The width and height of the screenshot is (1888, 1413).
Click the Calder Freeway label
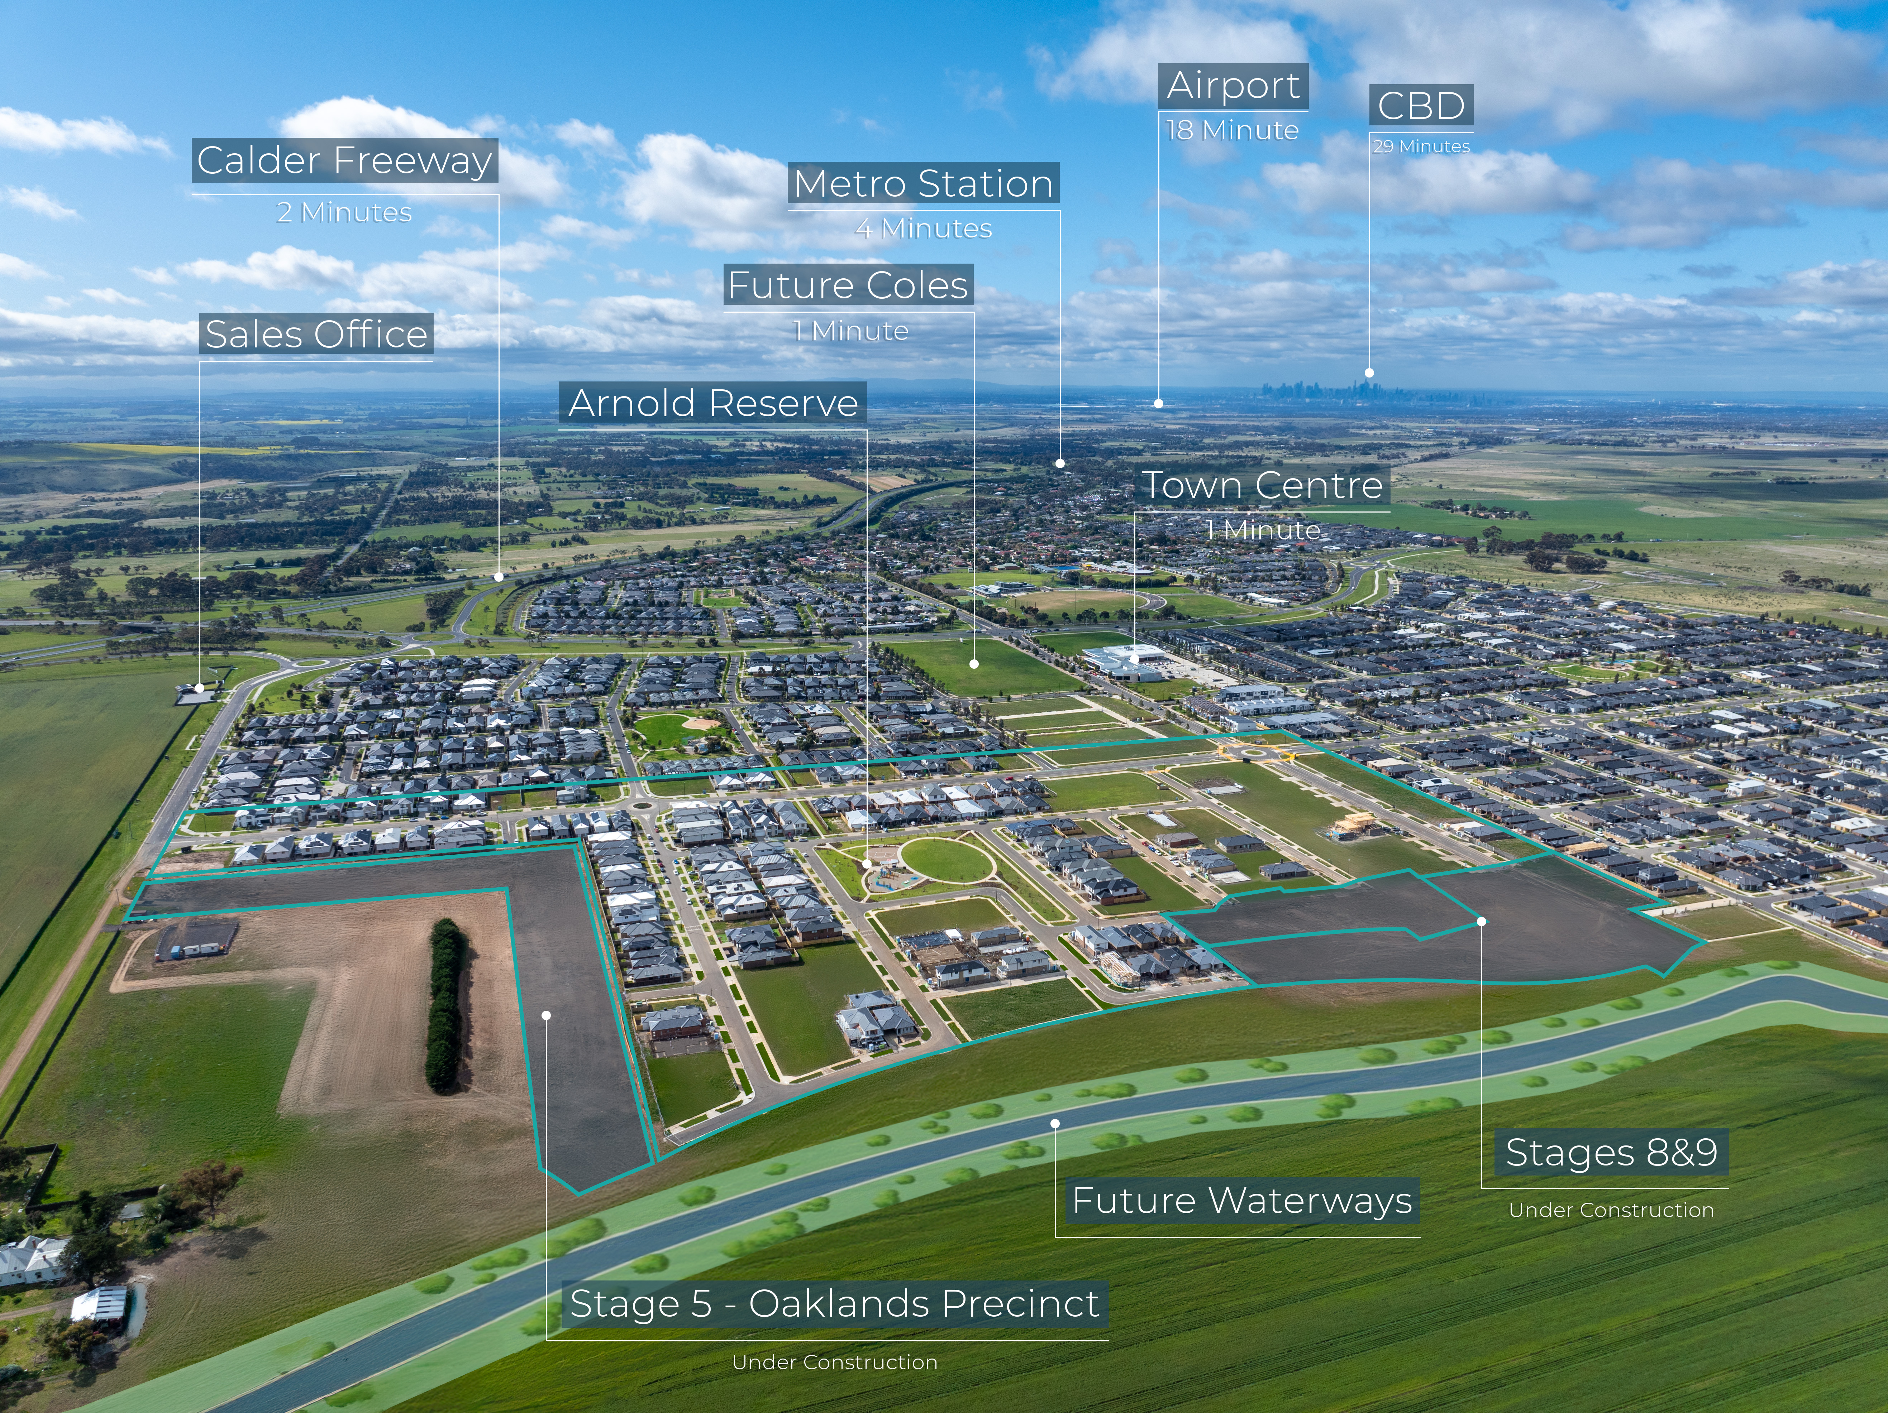(344, 160)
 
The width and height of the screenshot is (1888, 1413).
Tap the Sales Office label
(316, 333)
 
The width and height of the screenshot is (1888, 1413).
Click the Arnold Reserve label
(713, 403)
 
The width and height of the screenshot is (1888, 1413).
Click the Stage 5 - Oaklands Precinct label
(834, 1304)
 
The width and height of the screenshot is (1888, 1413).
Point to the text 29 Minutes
(1421, 147)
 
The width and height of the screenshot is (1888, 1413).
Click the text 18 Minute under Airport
(1232, 130)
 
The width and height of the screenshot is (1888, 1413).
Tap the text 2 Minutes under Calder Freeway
(344, 212)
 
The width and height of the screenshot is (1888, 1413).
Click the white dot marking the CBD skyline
(1369, 373)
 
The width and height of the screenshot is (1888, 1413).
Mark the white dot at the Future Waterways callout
(1055, 1124)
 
